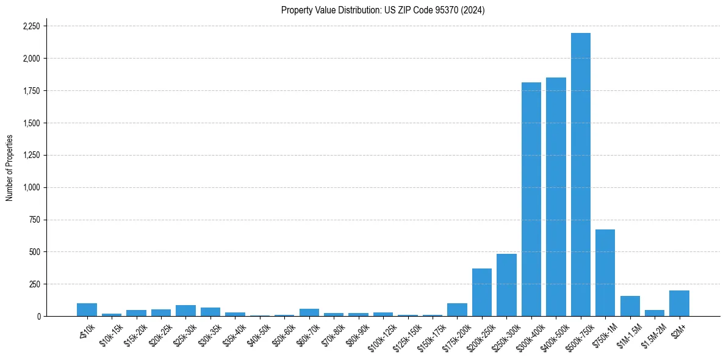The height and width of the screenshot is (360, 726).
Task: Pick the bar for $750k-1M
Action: [605, 273]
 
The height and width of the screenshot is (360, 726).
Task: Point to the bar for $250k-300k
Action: [506, 285]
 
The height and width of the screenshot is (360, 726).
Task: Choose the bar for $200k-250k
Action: [482, 292]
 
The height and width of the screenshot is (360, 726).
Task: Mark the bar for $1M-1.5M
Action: [630, 306]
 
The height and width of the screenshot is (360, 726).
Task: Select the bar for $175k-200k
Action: [457, 309]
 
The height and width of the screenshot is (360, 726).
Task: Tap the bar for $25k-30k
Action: [185, 311]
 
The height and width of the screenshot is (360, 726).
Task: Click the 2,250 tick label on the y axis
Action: [31, 26]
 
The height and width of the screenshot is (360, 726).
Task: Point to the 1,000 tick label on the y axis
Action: [31, 187]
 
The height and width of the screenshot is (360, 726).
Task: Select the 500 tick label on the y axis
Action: [35, 252]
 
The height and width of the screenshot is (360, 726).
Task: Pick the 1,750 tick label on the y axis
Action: [31, 91]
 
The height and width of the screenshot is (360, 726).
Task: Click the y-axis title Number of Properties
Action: [9, 168]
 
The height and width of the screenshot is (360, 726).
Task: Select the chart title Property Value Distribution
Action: [383, 10]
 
